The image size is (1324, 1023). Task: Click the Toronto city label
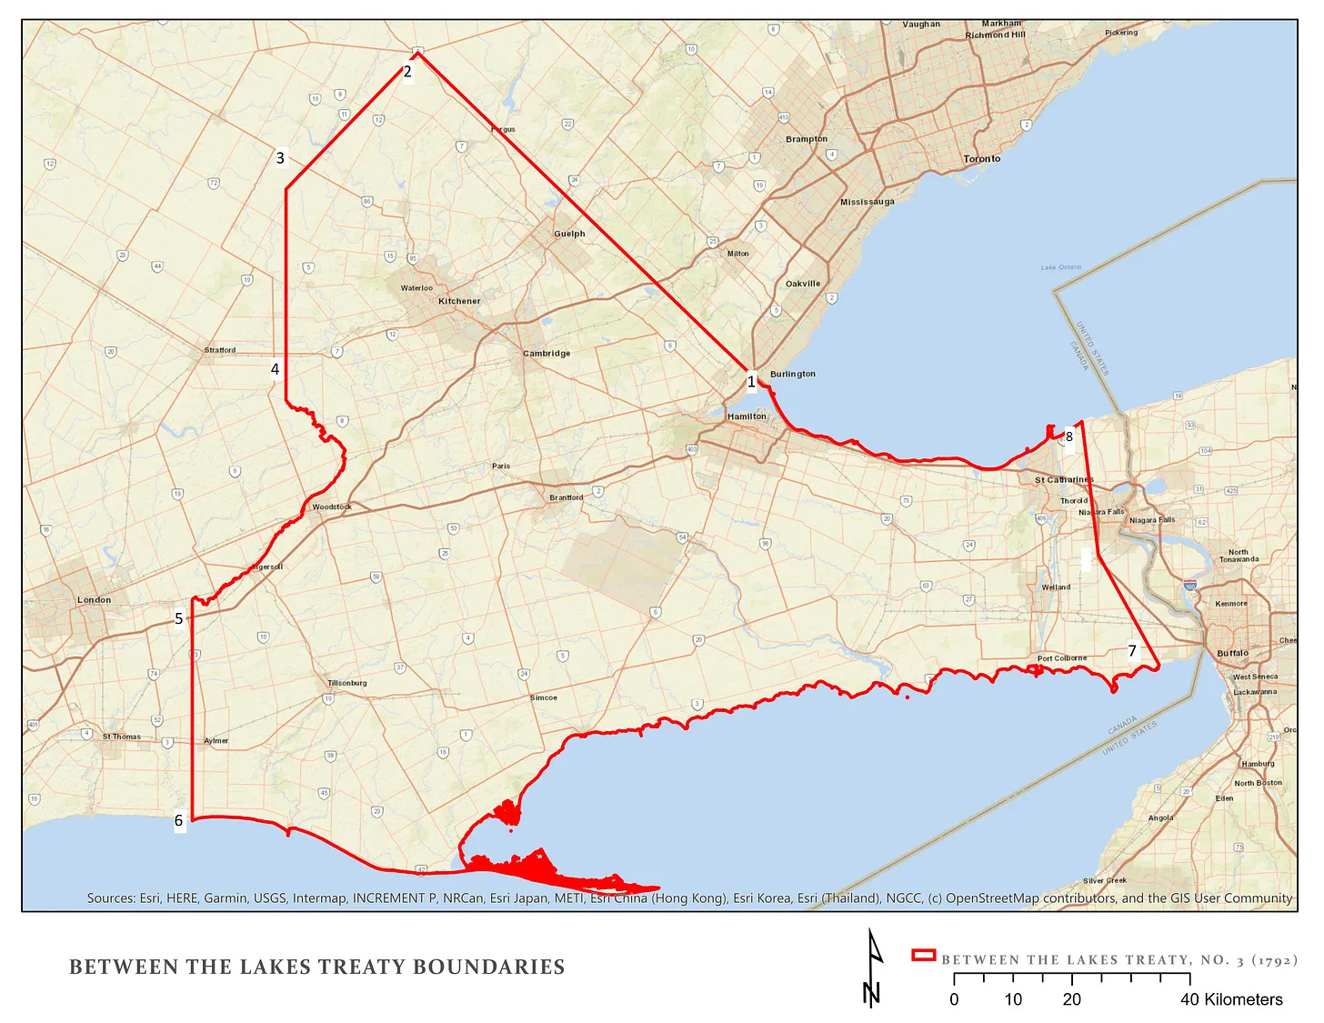(x=981, y=159)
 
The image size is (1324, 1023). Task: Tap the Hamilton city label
(x=747, y=416)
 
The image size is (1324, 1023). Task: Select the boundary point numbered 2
(x=407, y=72)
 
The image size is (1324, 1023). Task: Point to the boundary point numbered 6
(x=179, y=821)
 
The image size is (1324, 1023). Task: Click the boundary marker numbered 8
(x=1068, y=437)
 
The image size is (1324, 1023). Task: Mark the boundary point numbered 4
(x=275, y=369)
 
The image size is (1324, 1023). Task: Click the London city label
(x=94, y=600)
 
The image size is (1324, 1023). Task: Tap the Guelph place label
(x=569, y=234)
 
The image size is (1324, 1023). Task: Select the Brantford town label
(x=566, y=497)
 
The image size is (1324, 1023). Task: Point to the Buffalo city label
(x=1232, y=654)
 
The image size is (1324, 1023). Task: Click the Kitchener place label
(x=459, y=301)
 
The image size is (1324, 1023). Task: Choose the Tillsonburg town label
(x=347, y=683)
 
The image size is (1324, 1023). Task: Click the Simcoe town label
(x=543, y=697)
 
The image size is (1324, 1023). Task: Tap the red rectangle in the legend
(x=923, y=955)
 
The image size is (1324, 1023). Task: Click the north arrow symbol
(x=872, y=968)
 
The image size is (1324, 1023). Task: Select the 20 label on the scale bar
(x=1071, y=999)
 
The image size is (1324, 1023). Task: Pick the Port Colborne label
(x=1061, y=658)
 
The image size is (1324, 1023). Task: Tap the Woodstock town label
(x=331, y=507)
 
